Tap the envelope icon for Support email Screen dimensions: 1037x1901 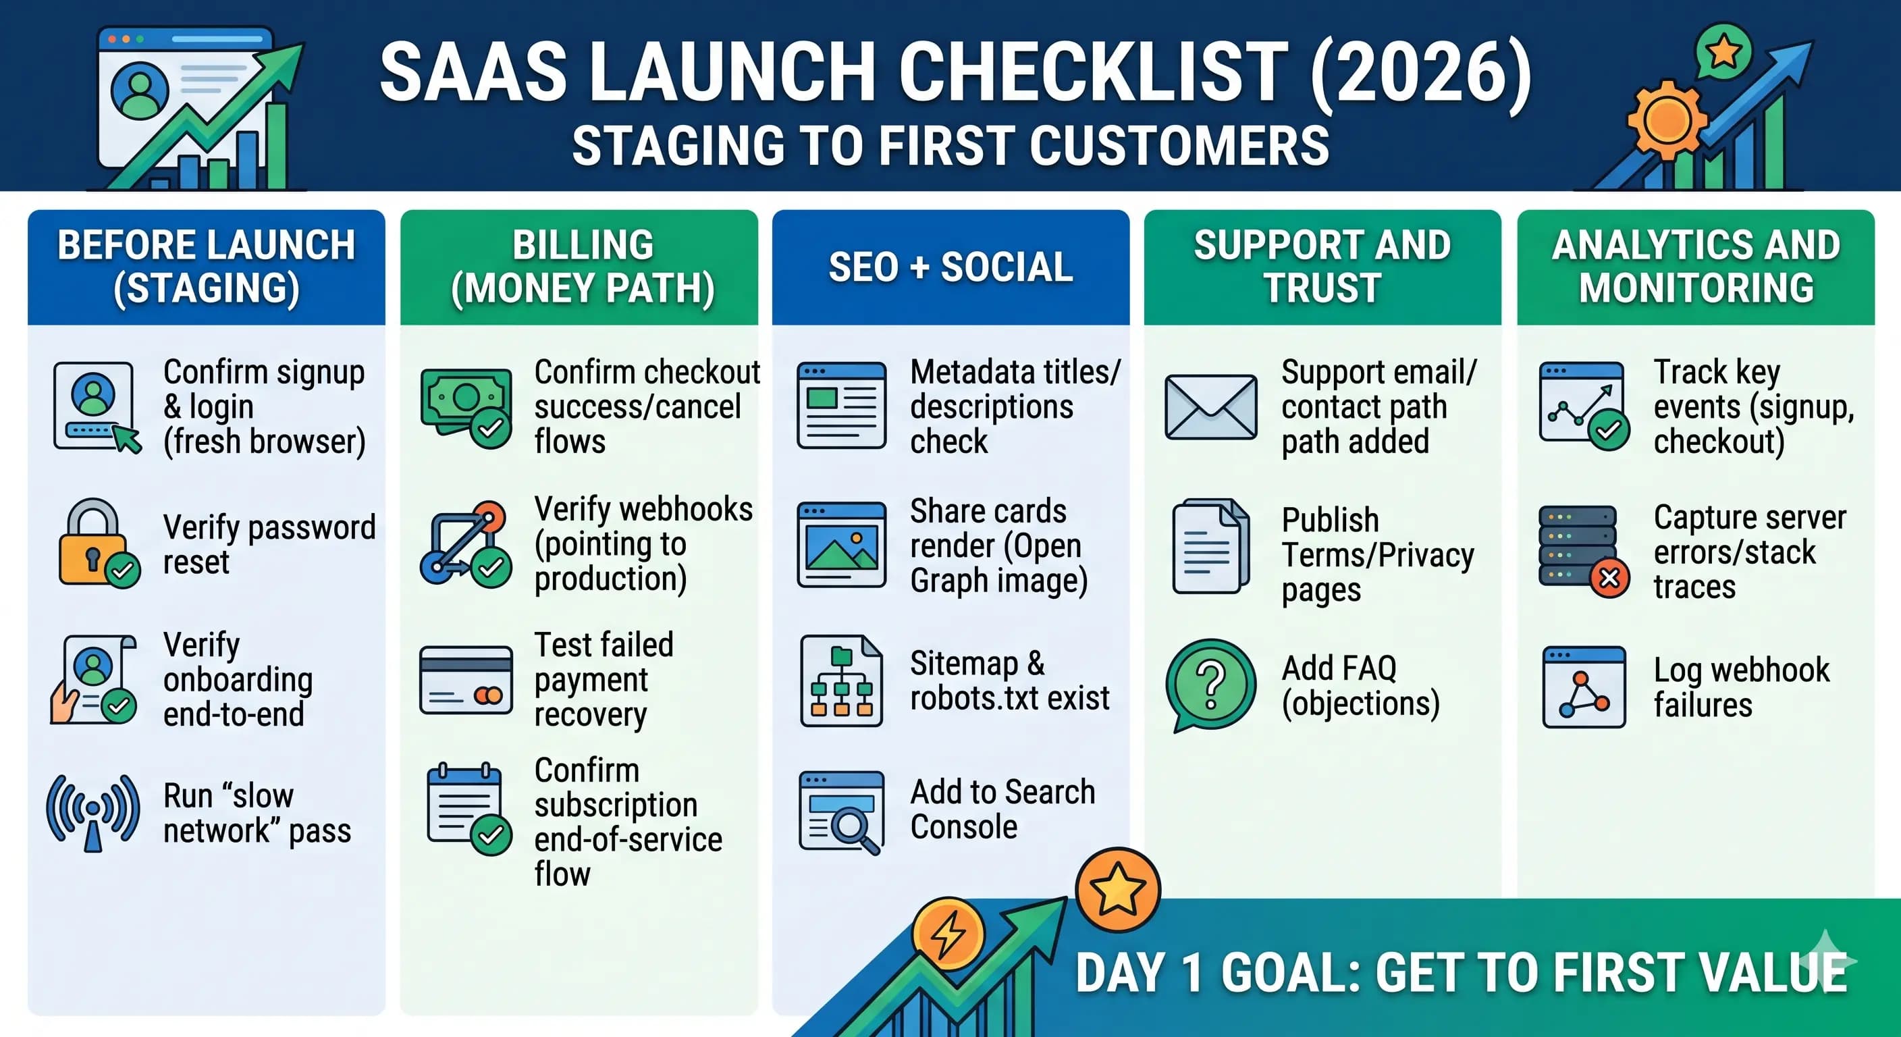[1210, 406]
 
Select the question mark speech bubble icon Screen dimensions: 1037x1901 [1210, 683]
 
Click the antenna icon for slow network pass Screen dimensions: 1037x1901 [93, 812]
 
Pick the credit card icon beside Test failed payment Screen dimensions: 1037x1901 [466, 681]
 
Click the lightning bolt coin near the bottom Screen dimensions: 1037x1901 [948, 933]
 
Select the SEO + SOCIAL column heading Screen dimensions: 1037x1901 [950, 267]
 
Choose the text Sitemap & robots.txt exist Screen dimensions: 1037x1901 [1009, 680]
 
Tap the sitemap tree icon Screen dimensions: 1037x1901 [841, 681]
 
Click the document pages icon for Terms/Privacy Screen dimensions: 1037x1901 [1210, 546]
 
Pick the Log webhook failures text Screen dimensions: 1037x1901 [1741, 687]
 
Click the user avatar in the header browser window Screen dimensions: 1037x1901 [139, 90]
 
